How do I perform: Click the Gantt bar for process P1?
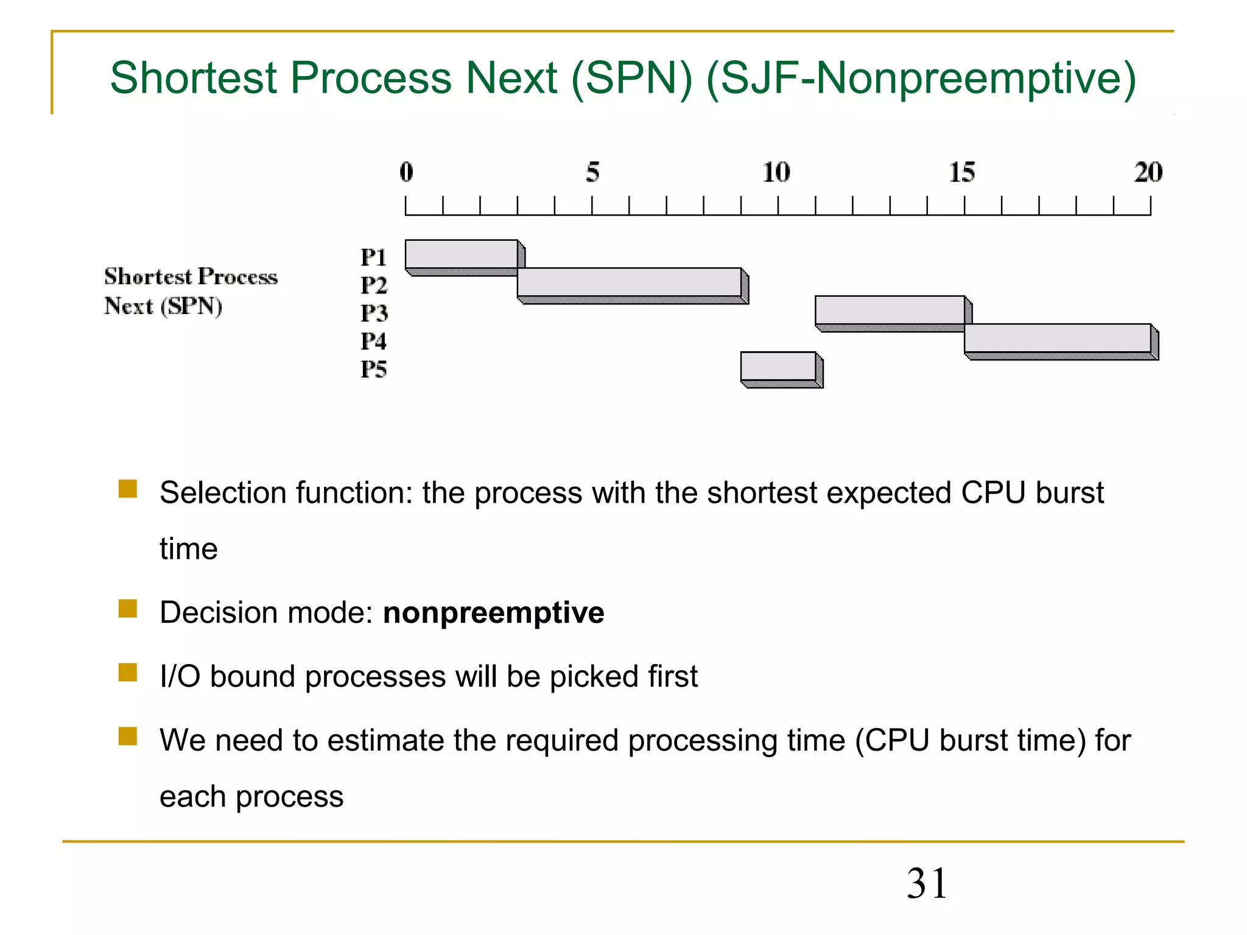(461, 254)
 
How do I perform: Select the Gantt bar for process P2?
(629, 282)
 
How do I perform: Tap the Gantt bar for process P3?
(890, 310)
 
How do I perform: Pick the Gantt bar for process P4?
(1057, 338)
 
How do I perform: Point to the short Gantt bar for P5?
(778, 366)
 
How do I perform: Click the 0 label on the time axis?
(406, 172)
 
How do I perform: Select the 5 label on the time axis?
(592, 172)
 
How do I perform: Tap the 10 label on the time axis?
(776, 172)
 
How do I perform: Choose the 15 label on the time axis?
(962, 172)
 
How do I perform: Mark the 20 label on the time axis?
(1148, 172)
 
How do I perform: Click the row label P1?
(373, 257)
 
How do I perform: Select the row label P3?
(373, 313)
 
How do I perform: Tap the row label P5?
(373, 369)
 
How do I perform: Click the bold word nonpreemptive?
(493, 613)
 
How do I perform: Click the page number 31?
(927, 883)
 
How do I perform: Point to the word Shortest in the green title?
(194, 78)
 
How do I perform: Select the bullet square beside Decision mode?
(128, 608)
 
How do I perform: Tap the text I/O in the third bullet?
(180, 676)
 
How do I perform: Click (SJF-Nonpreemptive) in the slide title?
(921, 78)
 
